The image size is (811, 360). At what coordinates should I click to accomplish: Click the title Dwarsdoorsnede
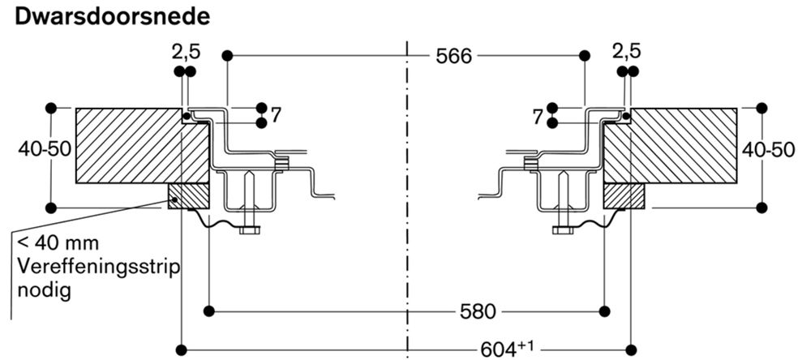pos(113,17)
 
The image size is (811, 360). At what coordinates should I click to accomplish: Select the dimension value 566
pos(453,57)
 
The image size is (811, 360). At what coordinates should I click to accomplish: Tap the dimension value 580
pos(478,311)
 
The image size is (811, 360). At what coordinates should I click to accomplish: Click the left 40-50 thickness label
pos(44,149)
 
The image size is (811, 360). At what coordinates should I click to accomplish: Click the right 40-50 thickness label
pos(768,149)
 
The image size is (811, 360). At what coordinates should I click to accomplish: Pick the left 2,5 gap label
pos(187,52)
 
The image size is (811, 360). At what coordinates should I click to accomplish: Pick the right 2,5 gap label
pos(626,52)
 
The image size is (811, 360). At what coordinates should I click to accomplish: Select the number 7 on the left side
pos(276,116)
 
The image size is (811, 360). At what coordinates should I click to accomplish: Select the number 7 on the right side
pos(538,117)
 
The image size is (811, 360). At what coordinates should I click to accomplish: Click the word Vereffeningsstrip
pos(99,268)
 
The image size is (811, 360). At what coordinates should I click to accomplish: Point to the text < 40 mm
pos(58,242)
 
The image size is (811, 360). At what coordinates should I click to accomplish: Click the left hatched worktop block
pos(142,145)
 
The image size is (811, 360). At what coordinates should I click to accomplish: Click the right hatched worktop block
pos(671,145)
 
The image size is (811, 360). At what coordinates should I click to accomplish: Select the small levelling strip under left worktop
pos(188,195)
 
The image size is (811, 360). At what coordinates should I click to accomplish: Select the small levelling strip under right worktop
pos(624,195)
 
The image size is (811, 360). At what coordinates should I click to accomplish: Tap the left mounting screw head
pos(250,230)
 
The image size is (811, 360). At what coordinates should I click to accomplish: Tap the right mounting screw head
pos(563,230)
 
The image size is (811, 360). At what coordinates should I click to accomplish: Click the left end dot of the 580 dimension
pos(209,311)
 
